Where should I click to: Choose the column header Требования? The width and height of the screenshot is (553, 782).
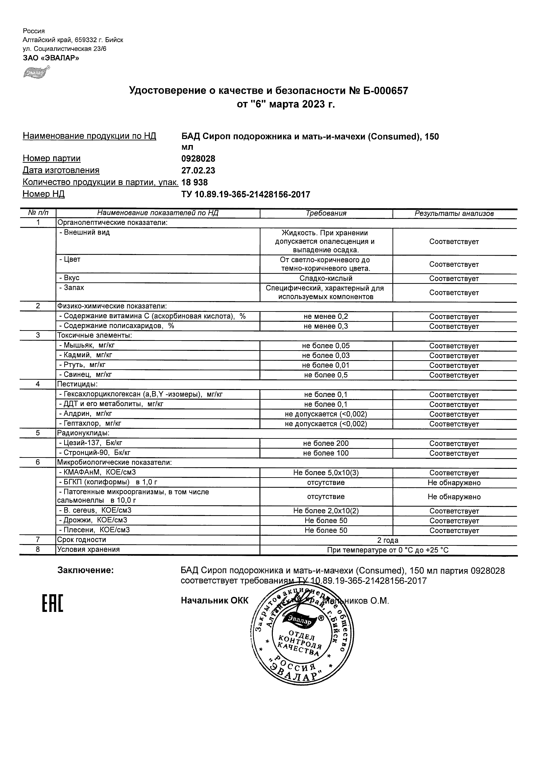coord(326,213)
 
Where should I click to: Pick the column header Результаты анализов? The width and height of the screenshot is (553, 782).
coord(454,214)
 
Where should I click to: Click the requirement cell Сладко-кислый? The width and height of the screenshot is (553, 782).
coord(326,278)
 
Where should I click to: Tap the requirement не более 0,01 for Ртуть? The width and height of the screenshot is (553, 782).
coord(326,365)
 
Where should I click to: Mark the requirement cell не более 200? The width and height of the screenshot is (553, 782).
coord(326,443)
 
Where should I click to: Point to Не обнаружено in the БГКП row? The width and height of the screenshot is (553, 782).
coord(454,483)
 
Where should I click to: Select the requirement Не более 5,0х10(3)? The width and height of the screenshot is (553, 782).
coord(326,473)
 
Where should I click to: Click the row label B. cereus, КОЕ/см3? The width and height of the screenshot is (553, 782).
coord(95,510)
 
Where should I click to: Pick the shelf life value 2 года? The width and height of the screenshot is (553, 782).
coord(388,540)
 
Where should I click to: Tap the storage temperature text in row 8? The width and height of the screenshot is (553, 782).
coord(388,550)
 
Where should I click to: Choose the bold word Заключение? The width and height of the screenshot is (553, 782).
coord(86,570)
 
